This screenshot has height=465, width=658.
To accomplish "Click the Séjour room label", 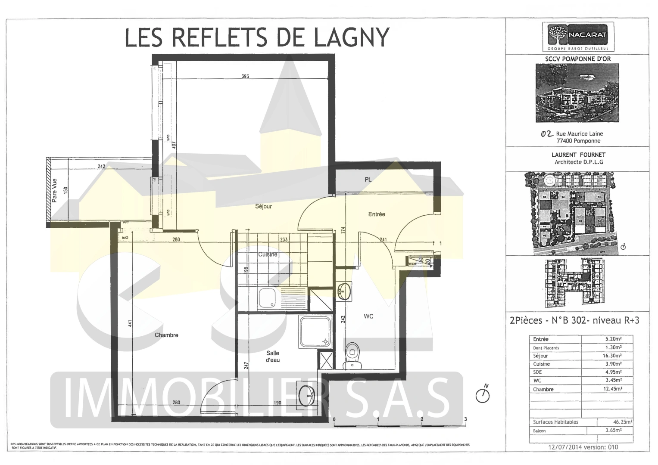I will click(263, 206).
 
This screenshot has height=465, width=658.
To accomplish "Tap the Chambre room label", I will click(166, 335).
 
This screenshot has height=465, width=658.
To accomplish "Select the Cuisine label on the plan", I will click(268, 254).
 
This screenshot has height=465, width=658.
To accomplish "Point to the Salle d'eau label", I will click(273, 356).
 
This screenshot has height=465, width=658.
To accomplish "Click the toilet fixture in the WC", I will click(353, 356).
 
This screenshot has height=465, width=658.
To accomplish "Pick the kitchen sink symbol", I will click(267, 298).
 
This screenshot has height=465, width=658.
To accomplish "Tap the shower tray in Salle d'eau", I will click(315, 332).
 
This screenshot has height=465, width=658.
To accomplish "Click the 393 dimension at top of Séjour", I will click(245, 77).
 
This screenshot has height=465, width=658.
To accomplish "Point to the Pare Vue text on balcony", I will click(55, 191).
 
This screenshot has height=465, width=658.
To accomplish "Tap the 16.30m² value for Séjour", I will click(612, 356).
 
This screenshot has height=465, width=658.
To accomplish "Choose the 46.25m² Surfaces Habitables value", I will click(623, 422).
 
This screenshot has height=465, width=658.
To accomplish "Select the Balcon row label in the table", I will click(539, 431).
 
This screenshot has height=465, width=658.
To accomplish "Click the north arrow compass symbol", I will click(483, 395).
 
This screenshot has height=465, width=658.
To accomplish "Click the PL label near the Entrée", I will click(368, 180).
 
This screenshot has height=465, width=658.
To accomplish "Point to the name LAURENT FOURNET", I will click(578, 155).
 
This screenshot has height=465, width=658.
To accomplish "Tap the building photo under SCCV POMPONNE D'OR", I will click(577, 93).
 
